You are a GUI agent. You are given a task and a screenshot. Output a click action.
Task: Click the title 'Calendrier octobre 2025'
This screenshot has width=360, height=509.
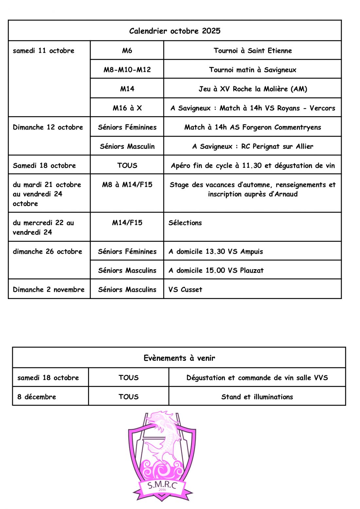(x=175, y=31)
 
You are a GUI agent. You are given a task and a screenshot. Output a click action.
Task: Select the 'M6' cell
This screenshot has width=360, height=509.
(x=127, y=50)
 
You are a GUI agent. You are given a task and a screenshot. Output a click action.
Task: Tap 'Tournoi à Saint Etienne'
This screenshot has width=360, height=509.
(x=253, y=50)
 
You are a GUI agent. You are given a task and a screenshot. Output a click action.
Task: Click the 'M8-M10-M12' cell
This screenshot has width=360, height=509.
(x=127, y=70)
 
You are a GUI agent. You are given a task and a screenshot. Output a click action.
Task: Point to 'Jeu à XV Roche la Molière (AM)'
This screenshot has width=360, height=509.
(x=253, y=89)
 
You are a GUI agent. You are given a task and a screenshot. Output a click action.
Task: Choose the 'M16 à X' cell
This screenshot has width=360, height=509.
(x=127, y=108)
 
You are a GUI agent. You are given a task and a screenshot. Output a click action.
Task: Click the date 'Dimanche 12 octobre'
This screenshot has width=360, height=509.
(x=48, y=127)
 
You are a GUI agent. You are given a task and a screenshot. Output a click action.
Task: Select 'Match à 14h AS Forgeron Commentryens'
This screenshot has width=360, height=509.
(x=253, y=127)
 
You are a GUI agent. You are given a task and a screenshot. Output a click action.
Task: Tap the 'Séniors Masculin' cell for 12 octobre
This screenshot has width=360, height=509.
(x=127, y=146)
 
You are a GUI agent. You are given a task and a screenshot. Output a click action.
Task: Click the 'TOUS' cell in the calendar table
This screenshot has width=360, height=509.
(x=127, y=166)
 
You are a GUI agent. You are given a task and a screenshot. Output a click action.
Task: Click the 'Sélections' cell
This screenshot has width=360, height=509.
(x=185, y=223)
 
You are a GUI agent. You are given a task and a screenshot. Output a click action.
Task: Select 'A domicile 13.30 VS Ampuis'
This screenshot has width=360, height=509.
(x=216, y=252)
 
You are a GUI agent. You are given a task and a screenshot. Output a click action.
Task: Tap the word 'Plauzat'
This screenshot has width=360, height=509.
(x=252, y=271)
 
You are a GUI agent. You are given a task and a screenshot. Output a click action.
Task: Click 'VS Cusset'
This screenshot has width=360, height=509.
(x=185, y=290)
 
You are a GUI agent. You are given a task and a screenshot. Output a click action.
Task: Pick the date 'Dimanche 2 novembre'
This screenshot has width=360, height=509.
(x=48, y=290)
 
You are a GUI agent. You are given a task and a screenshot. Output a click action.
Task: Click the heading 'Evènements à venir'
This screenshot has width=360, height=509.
(x=179, y=358)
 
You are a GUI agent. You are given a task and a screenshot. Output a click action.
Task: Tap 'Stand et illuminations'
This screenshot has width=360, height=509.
(x=257, y=397)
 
